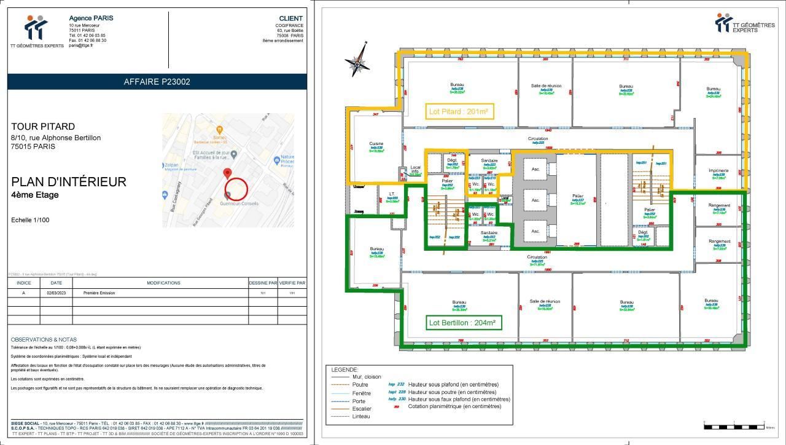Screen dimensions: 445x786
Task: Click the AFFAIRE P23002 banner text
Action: (x=157, y=82)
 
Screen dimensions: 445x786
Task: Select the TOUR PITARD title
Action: (x=43, y=127)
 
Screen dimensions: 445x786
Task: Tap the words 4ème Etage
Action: (x=35, y=195)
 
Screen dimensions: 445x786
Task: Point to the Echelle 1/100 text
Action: (x=30, y=220)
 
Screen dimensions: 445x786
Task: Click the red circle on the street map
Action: (x=236, y=189)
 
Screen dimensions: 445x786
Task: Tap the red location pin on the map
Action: (x=227, y=173)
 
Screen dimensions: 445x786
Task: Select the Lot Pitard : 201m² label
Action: (x=459, y=112)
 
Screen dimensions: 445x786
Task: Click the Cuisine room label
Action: (x=376, y=144)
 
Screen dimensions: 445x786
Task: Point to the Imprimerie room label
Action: (x=718, y=171)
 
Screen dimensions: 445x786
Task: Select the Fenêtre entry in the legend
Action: (x=361, y=393)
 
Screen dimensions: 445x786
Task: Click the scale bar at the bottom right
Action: (x=734, y=425)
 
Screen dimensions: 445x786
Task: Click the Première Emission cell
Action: (x=99, y=293)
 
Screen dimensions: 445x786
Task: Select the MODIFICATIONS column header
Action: (x=163, y=283)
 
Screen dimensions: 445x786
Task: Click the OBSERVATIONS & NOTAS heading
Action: (x=44, y=340)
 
